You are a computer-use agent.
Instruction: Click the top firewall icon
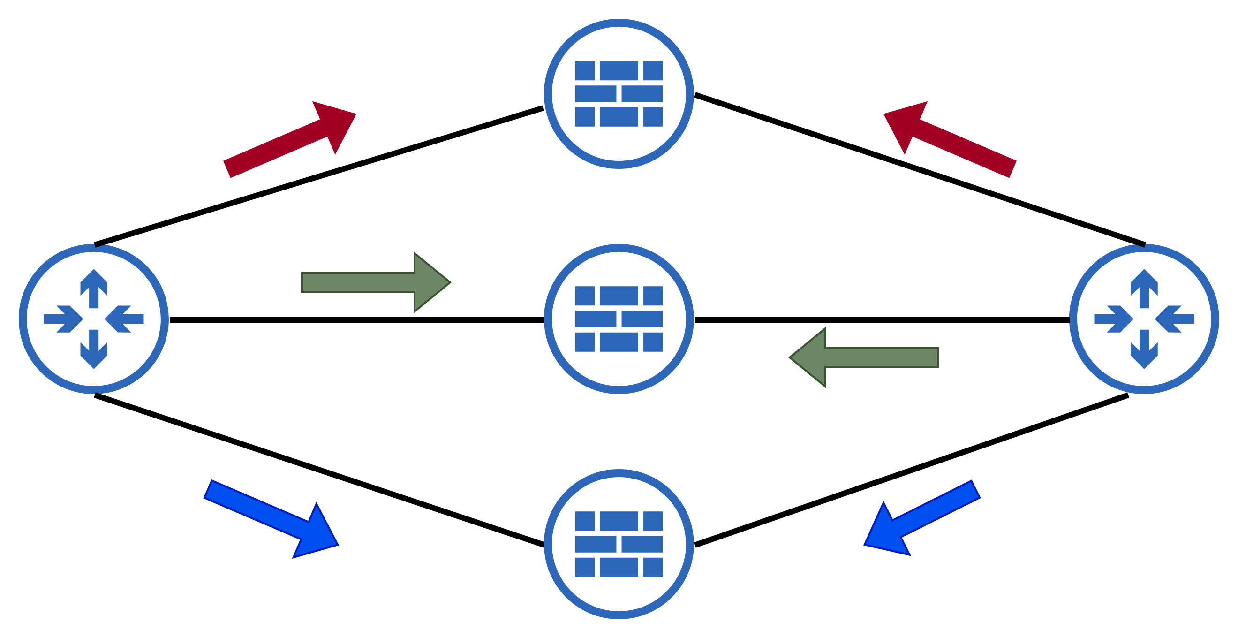pyautogui.click(x=619, y=94)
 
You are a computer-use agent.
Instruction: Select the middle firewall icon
pyautogui.click(x=619, y=319)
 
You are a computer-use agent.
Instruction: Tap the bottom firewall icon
pyautogui.click(x=619, y=544)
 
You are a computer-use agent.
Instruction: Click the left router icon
pyautogui.click(x=94, y=319)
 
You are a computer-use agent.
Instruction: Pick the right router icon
pyautogui.click(x=1144, y=319)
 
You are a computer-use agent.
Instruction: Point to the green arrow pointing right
pyautogui.click(x=375, y=282)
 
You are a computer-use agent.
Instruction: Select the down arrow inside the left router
pyautogui.click(x=94, y=349)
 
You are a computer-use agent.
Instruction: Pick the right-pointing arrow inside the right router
pyautogui.click(x=1113, y=319)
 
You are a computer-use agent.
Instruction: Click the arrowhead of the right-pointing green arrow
pyautogui.click(x=430, y=282)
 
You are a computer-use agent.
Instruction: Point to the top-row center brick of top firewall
pyautogui.click(x=619, y=71)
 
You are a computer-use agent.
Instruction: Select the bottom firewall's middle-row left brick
pyautogui.click(x=595, y=544)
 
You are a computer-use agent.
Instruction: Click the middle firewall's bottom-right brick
pyautogui.click(x=653, y=342)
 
